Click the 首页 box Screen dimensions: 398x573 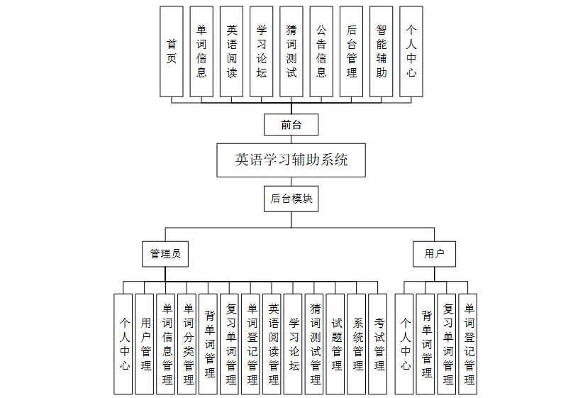(172, 51)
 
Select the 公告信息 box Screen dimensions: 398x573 (321, 51)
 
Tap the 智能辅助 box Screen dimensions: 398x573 (382, 51)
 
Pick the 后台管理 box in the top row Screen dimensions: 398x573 (352, 51)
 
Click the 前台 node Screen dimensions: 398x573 (291, 125)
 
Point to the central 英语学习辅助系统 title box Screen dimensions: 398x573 (291, 160)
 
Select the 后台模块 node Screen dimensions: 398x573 (291, 199)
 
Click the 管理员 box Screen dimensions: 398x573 (165, 253)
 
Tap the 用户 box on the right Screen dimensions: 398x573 (434, 253)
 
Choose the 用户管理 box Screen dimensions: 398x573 (145, 344)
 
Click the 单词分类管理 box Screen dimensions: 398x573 (187, 344)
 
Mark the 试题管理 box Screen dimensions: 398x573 (336, 344)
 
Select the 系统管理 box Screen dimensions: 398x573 (357, 344)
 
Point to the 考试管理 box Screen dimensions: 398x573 (379, 344)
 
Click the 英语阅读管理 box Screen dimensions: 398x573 (272, 344)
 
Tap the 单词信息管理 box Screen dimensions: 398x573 (166, 344)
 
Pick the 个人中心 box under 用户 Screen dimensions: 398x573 (405, 344)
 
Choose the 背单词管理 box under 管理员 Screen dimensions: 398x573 (208, 344)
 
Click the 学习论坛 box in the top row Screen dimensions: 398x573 (262, 51)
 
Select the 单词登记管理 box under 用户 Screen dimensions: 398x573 (468, 344)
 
